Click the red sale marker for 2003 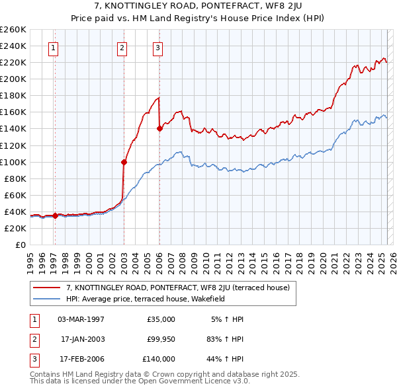124,161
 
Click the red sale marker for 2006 159,129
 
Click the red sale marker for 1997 55,215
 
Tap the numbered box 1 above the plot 52,47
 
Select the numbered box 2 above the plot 122,47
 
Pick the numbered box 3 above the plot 158,47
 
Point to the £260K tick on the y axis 13,30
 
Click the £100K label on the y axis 13,162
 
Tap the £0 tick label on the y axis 21,245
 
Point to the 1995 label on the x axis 30,258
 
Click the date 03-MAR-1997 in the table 81,319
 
